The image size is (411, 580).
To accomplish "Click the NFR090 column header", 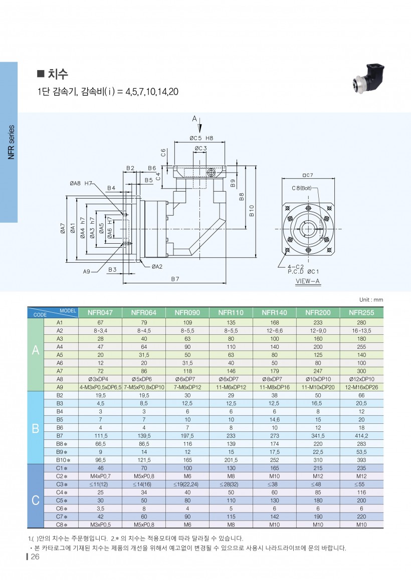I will coord(187,313).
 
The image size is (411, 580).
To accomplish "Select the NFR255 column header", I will coord(361,313).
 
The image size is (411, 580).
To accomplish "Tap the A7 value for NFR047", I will coord(100,371).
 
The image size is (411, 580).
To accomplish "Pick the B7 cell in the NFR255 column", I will coord(361,436).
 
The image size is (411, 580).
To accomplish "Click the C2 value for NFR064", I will coord(144,476).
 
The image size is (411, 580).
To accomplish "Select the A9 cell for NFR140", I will coord(275,387).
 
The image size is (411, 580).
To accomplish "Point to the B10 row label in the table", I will coord(62,460).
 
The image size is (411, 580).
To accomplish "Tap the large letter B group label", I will coord(35,428).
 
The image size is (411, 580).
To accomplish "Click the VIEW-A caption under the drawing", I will coord(308,282).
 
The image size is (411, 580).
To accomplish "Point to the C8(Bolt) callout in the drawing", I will coord(302,188).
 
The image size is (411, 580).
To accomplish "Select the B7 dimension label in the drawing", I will coord(175,279).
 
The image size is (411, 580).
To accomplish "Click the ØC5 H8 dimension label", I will coord(201,138).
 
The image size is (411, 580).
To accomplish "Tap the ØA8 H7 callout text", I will coord(82,183).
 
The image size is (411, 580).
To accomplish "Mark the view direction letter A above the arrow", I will coord(194,119).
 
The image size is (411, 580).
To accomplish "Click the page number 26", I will coord(35,558).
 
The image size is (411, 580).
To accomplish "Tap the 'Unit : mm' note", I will coord(370,300).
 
